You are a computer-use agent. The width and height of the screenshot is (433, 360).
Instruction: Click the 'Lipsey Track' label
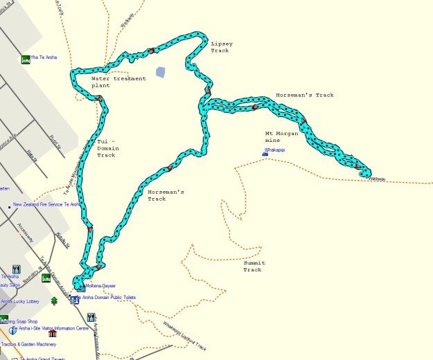coord(222,47)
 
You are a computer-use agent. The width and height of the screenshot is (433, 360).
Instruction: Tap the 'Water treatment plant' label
coord(118,82)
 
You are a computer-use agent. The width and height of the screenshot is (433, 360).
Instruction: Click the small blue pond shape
coord(161,72)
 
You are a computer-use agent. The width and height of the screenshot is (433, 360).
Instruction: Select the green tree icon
coord(54,301)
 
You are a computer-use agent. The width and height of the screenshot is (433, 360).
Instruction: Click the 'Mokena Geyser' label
coord(100,286)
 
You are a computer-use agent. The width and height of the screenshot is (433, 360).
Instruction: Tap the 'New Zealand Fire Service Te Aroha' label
coord(46,205)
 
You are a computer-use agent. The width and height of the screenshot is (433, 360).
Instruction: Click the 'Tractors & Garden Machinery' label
coord(37,344)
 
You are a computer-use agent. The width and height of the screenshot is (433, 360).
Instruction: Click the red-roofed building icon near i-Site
coord(53,333)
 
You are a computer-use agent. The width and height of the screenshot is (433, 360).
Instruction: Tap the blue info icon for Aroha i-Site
coord(12,331)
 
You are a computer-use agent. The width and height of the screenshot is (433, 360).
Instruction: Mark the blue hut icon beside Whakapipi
coord(265,154)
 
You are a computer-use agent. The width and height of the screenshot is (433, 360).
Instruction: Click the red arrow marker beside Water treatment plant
coord(100,100)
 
